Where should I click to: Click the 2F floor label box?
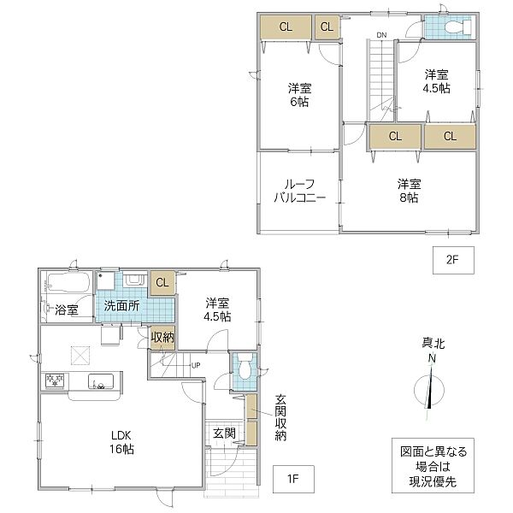453,260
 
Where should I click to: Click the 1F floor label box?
293,479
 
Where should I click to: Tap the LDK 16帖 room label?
121,442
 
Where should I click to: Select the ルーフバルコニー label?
299,191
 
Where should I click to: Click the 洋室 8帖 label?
409,191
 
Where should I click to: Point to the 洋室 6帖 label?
299,95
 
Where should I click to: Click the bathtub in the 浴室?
68,281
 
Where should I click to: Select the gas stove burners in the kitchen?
55,380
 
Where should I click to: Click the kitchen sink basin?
101,381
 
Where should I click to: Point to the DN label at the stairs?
381,35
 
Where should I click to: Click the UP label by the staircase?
196,366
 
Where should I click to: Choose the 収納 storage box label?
162,337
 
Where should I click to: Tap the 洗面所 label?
121,306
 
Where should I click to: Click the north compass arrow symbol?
429,388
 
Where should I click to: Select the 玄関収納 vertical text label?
280,418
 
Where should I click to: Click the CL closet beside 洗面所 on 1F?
162,282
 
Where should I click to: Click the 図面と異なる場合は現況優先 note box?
433,466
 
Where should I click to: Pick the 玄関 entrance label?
224,433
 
